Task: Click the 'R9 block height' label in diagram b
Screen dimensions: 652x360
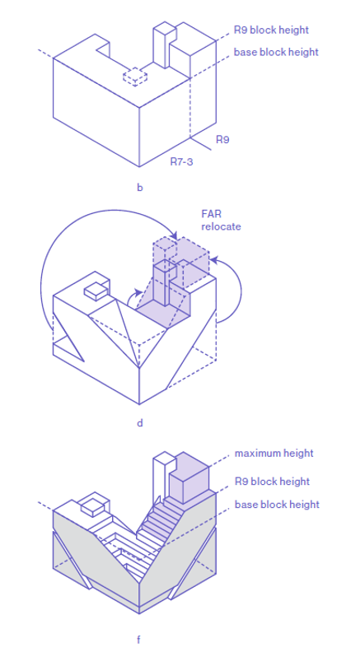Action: coord(271,30)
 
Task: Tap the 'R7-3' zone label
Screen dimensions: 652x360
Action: coord(181,161)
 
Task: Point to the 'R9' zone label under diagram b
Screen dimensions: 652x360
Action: coord(222,140)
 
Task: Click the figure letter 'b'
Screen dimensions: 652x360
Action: coord(140,188)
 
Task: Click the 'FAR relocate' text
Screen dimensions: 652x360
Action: coord(221,220)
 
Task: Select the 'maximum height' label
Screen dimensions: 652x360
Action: coord(274,454)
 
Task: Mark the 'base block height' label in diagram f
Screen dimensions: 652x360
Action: coord(277,504)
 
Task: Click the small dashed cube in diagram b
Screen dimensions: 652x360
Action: coord(135,76)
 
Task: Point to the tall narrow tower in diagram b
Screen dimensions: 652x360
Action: coord(163,45)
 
